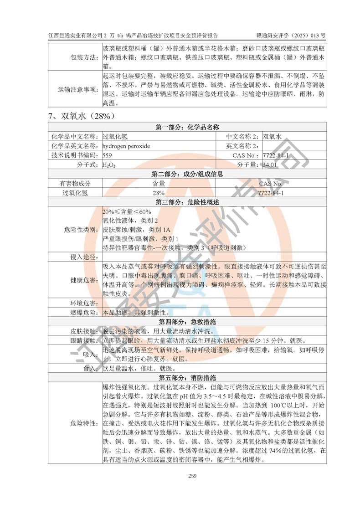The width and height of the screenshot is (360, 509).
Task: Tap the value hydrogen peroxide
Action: (126, 146)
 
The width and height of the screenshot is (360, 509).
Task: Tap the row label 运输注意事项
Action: (78, 89)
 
